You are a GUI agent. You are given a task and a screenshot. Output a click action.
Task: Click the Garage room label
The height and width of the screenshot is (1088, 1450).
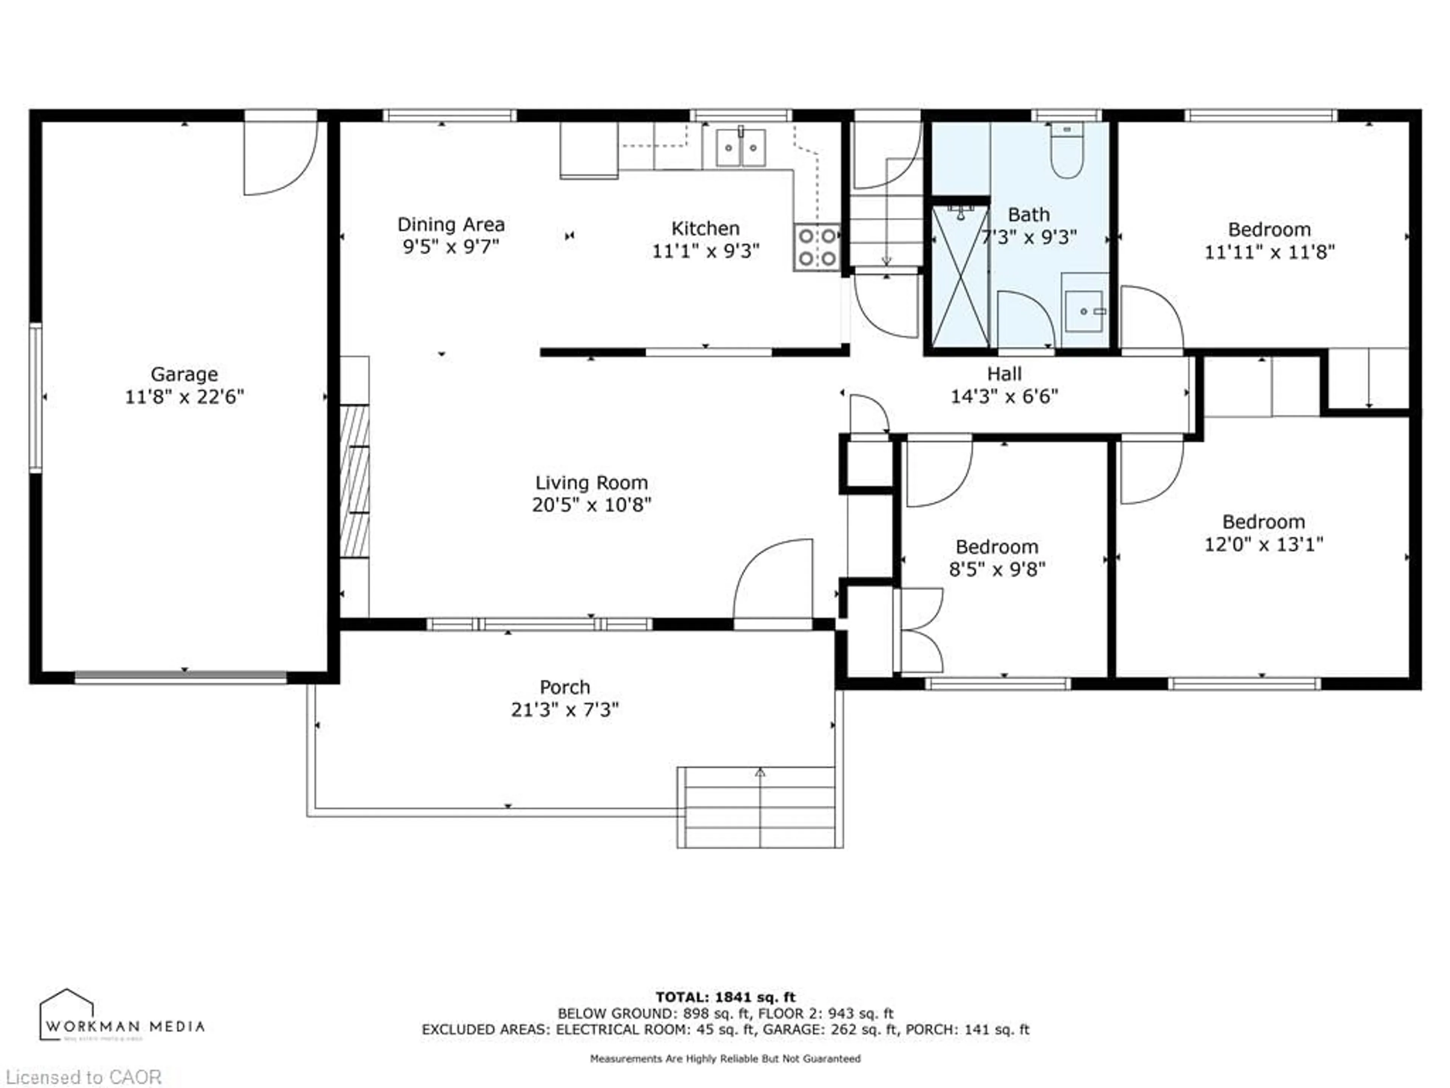click(x=184, y=374)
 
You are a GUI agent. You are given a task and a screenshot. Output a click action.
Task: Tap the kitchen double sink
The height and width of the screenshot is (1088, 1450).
click(x=741, y=148)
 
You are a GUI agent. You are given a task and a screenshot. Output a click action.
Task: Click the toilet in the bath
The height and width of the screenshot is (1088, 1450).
click(x=1066, y=153)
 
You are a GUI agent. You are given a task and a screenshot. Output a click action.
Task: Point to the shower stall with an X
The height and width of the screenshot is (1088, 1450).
click(x=960, y=277)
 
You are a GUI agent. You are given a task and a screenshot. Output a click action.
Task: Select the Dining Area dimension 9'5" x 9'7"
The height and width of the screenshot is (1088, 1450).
click(x=451, y=247)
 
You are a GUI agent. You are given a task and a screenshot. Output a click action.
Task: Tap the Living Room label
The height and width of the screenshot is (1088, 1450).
click(x=591, y=483)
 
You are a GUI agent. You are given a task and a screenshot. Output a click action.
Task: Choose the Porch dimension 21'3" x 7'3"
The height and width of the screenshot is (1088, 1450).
click(x=565, y=709)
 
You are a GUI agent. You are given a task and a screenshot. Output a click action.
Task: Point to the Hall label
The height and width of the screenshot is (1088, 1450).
click(x=1004, y=374)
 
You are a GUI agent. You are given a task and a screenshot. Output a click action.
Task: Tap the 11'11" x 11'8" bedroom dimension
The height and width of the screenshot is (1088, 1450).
click(x=1269, y=252)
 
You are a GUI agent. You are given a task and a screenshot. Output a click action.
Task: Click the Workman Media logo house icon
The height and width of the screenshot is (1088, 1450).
click(x=67, y=1015)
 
